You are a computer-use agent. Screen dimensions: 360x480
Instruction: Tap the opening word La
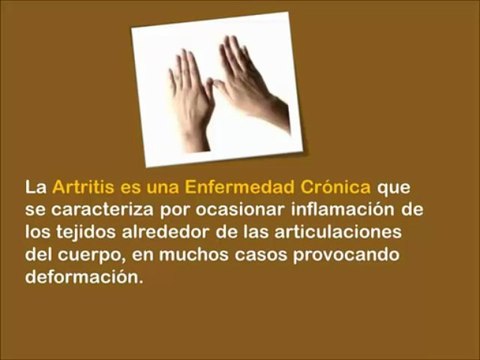pos(36,187)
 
